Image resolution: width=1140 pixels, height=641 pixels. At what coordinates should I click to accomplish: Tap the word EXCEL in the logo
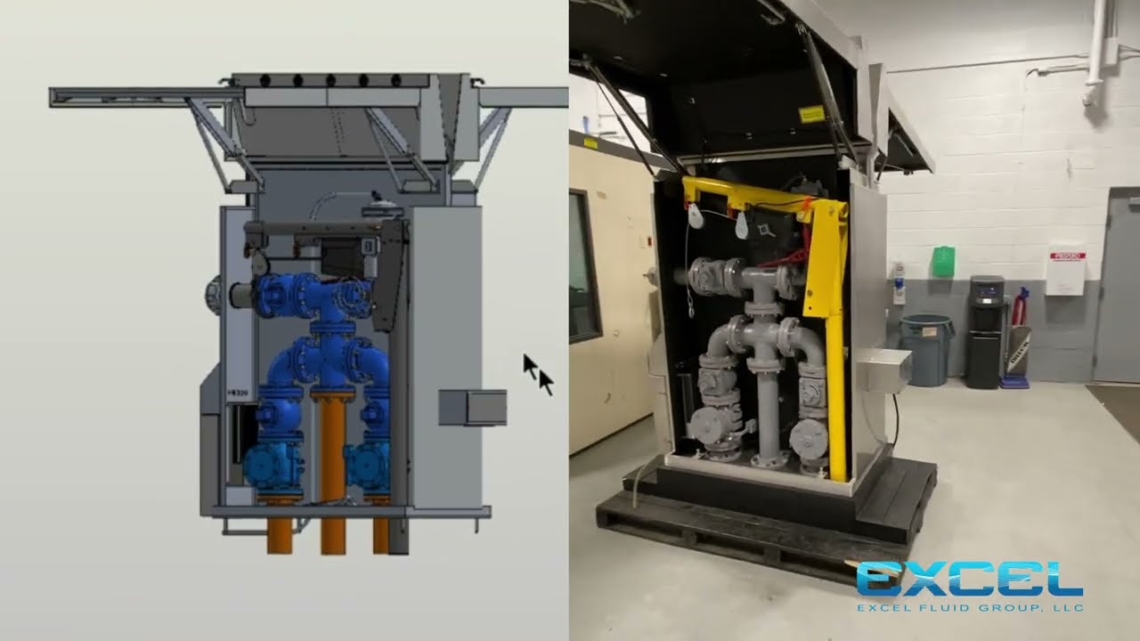(x=969, y=580)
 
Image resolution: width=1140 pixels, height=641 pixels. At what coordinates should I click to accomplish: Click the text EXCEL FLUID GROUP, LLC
(x=969, y=608)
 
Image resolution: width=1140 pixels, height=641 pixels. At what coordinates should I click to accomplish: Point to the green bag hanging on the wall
(x=942, y=262)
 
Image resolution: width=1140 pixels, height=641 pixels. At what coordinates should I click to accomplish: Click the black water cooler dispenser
(x=986, y=331)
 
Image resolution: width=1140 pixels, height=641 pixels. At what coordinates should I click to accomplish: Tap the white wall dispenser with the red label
(x=1065, y=269)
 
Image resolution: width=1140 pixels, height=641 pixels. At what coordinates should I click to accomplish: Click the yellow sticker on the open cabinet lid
(x=811, y=113)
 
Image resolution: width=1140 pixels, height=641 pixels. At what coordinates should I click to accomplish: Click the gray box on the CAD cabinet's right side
(x=472, y=407)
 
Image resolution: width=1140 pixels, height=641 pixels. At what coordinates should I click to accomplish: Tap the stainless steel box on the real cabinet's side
(x=882, y=369)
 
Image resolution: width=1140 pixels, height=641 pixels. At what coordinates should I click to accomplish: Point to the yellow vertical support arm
(x=835, y=338)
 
